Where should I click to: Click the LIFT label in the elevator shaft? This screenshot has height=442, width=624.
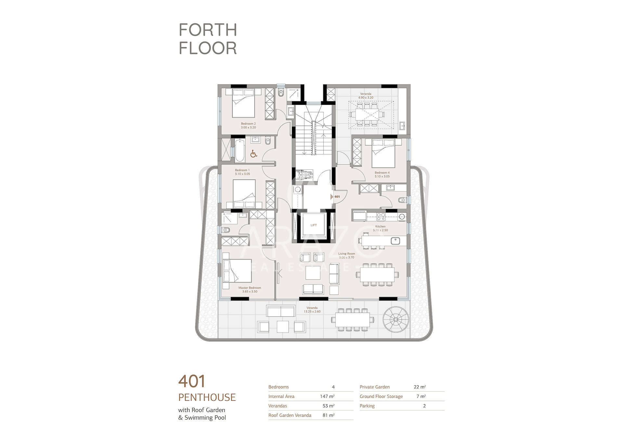tap(313, 225)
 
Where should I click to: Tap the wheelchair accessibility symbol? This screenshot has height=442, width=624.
tap(253, 154)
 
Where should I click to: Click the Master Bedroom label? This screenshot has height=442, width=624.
tap(250, 288)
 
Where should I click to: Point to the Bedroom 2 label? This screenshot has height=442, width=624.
tap(248, 124)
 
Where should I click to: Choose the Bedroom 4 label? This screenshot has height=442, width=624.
tap(382, 173)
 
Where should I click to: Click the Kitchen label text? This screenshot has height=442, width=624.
tap(380, 227)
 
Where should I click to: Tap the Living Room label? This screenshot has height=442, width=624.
tap(346, 254)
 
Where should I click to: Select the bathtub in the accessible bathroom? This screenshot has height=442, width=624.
tap(240, 150)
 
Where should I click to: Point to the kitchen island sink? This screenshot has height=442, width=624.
tap(395, 241)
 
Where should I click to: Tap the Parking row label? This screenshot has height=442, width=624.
tap(367, 406)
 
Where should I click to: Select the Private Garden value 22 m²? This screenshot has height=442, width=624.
tap(420, 387)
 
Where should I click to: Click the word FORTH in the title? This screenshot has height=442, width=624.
tap(208, 30)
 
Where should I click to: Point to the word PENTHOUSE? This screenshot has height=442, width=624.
tap(207, 397)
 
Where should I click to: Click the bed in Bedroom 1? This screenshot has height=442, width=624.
tap(244, 194)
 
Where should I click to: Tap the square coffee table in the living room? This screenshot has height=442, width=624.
tap(313, 273)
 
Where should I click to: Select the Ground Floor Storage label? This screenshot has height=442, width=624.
tap(381, 396)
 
